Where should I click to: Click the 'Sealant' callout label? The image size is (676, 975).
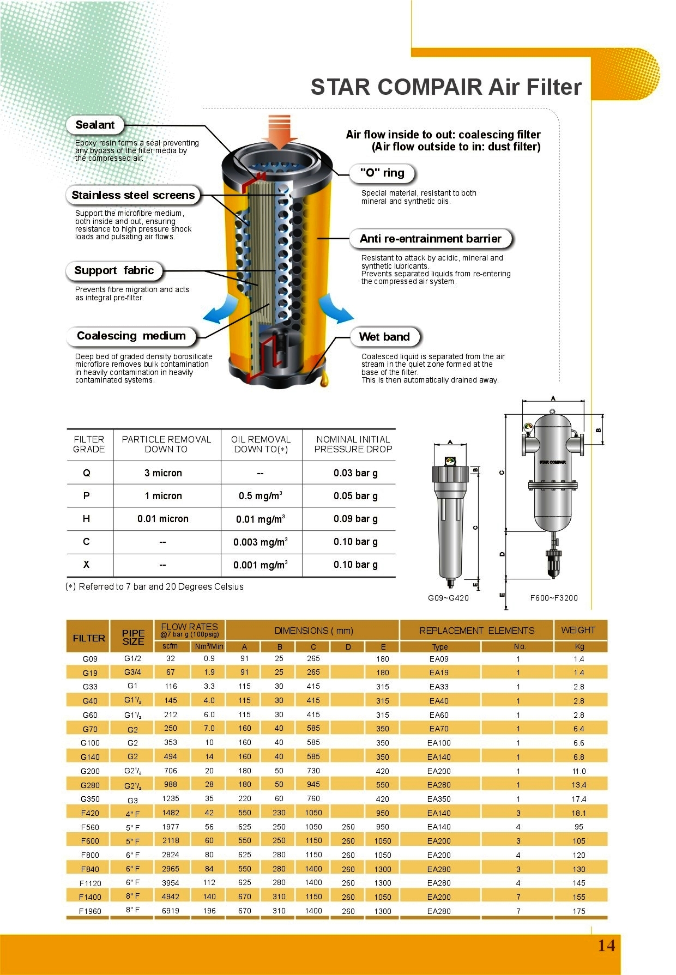click(95, 125)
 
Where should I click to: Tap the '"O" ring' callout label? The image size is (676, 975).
click(382, 173)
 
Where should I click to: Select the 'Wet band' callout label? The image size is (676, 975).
click(384, 337)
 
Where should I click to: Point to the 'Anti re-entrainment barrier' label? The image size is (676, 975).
click(430, 239)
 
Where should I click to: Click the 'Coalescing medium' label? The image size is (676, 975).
click(131, 336)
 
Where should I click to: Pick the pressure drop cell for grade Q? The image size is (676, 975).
click(355, 473)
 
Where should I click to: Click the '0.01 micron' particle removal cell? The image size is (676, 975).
click(162, 519)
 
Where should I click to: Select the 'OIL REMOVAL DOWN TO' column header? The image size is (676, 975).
click(261, 444)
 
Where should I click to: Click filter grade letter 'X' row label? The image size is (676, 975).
click(86, 565)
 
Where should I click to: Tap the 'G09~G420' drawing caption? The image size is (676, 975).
click(448, 598)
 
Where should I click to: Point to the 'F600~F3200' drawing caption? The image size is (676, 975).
click(554, 598)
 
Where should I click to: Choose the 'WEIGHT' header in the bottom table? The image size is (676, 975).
click(578, 630)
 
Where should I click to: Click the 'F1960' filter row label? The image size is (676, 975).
click(90, 911)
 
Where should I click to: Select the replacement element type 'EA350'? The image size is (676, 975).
click(439, 799)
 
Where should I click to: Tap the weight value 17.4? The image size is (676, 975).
click(579, 799)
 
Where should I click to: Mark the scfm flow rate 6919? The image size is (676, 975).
click(171, 911)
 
